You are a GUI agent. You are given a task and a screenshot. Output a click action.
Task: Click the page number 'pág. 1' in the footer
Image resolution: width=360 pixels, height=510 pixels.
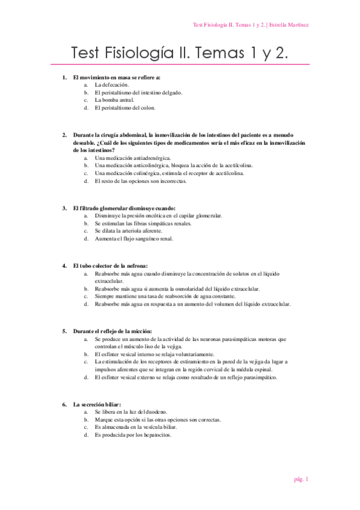click(x=301, y=479)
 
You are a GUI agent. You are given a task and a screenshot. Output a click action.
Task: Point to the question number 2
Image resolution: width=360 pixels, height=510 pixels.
click(x=64, y=135)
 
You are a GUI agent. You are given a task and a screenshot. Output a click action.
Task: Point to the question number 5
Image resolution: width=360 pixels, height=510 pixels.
click(x=64, y=331)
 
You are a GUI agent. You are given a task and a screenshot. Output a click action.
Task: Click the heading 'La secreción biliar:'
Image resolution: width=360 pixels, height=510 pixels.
click(x=97, y=404)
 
